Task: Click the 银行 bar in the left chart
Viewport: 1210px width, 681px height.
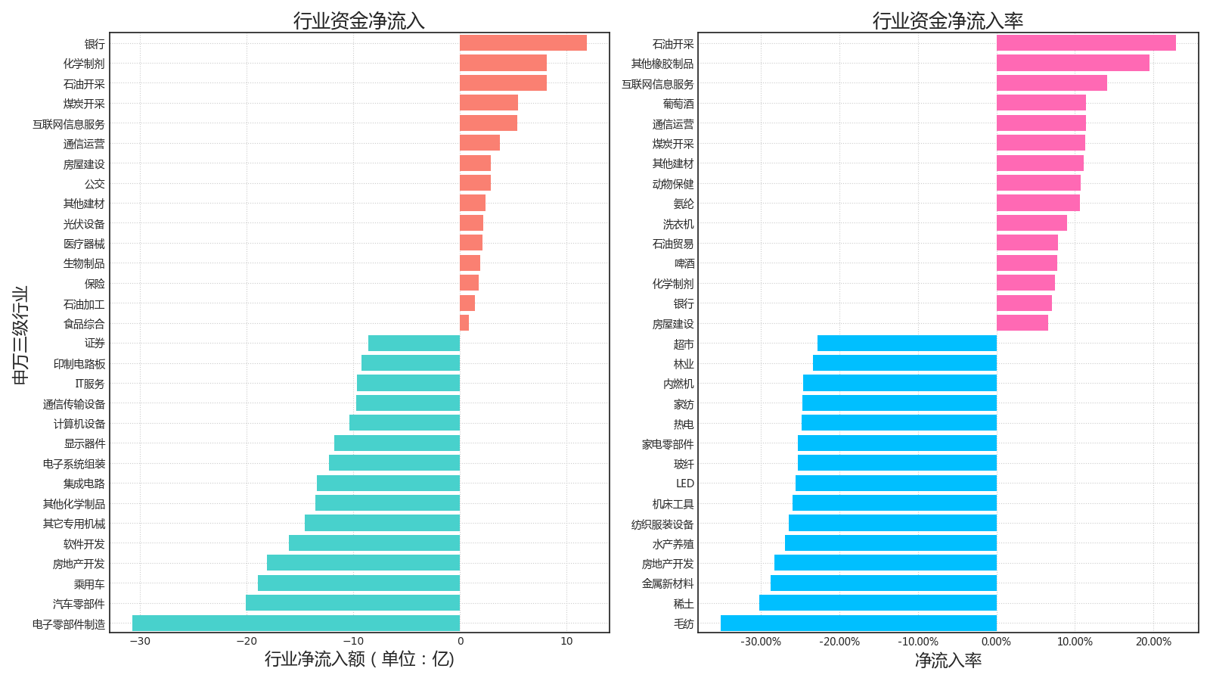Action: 523,43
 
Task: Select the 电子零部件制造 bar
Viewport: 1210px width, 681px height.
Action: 296,623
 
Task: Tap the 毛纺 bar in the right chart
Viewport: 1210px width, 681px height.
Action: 858,623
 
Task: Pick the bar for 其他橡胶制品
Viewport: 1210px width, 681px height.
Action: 1072,64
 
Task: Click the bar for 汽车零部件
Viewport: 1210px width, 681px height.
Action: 352,603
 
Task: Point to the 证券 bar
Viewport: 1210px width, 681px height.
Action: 414,344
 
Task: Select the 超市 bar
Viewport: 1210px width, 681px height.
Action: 907,344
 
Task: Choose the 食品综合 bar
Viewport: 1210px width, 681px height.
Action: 464,323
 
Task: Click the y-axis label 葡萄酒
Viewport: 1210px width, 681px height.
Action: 678,104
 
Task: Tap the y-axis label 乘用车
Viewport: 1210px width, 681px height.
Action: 89,584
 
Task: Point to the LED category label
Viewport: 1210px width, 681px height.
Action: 684,484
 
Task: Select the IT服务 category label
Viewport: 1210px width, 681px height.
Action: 89,384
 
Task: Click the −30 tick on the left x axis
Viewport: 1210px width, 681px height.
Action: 140,642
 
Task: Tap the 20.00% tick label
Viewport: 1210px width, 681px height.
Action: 1153,642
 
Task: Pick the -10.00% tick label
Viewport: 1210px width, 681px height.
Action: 917,642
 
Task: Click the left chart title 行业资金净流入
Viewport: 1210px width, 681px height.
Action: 359,20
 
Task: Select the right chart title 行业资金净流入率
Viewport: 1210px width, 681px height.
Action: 948,20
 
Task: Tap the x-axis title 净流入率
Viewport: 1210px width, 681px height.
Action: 948,661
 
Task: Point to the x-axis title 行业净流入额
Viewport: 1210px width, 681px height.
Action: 359,659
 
